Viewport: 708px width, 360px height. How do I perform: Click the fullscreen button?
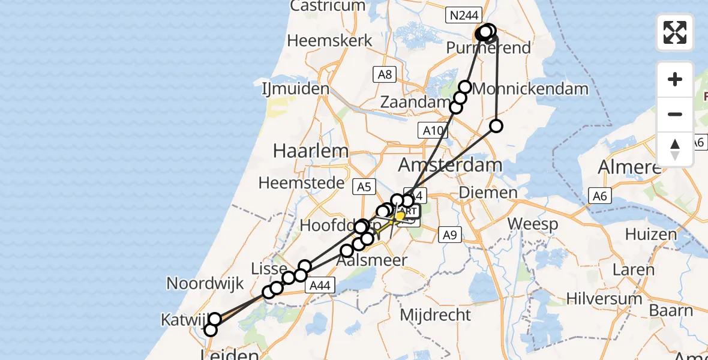click(x=675, y=32)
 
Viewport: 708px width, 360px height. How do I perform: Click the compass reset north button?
click(x=675, y=149)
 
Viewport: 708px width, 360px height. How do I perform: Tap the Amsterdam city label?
click(x=459, y=166)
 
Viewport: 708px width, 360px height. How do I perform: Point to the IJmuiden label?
click(x=296, y=89)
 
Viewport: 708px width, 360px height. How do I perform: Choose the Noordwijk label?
click(x=205, y=284)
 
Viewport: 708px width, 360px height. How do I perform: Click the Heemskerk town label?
click(x=329, y=41)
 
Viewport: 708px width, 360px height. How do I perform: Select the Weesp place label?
click(x=533, y=224)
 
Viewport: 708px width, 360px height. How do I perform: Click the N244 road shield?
click(x=462, y=15)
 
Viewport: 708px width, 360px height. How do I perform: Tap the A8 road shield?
click(x=385, y=74)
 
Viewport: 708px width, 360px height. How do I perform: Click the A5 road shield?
click(x=364, y=187)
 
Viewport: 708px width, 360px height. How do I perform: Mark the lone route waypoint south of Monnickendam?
click(x=496, y=126)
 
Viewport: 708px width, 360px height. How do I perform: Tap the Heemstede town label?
click(x=302, y=183)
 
